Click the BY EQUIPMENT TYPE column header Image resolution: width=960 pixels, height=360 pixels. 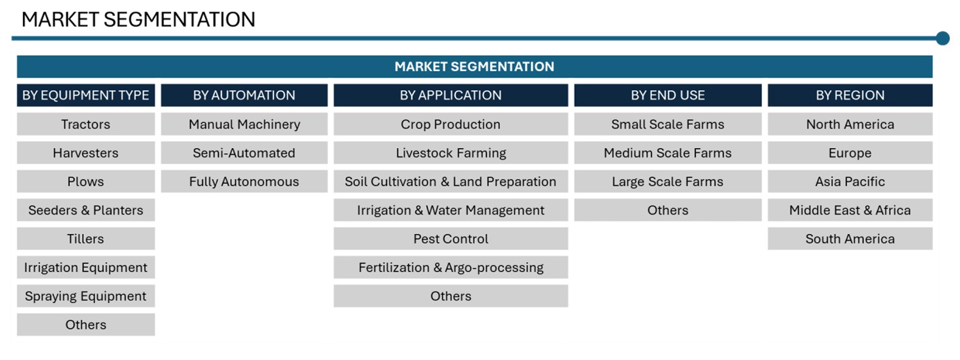(x=86, y=95)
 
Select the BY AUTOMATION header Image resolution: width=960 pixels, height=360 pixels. (x=244, y=95)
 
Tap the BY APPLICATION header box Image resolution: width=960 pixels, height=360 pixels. (x=451, y=95)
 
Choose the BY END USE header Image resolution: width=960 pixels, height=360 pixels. (x=668, y=95)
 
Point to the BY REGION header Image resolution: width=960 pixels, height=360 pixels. (x=850, y=95)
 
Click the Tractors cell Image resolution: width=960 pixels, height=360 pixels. (x=86, y=124)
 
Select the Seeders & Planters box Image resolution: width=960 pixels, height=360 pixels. (x=86, y=210)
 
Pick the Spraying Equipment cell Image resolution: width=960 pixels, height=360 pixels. (x=86, y=296)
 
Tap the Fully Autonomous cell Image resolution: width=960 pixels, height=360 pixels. (x=244, y=181)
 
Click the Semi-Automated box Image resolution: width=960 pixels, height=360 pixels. (x=244, y=152)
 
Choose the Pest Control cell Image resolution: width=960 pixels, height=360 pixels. (x=451, y=239)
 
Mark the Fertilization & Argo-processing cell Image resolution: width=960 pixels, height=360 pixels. (x=451, y=267)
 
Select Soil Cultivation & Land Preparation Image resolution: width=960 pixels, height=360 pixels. (x=451, y=181)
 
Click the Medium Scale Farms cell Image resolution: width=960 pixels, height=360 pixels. (x=668, y=152)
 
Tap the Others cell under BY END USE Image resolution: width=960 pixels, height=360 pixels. (x=668, y=210)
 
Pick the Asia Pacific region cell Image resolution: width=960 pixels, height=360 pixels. (x=850, y=181)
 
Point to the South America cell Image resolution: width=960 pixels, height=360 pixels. (x=850, y=239)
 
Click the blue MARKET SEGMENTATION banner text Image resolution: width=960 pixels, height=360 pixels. (x=474, y=67)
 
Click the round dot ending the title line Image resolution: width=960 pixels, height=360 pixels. (x=943, y=38)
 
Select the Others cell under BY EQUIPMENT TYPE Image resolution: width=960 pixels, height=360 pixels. (x=86, y=325)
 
